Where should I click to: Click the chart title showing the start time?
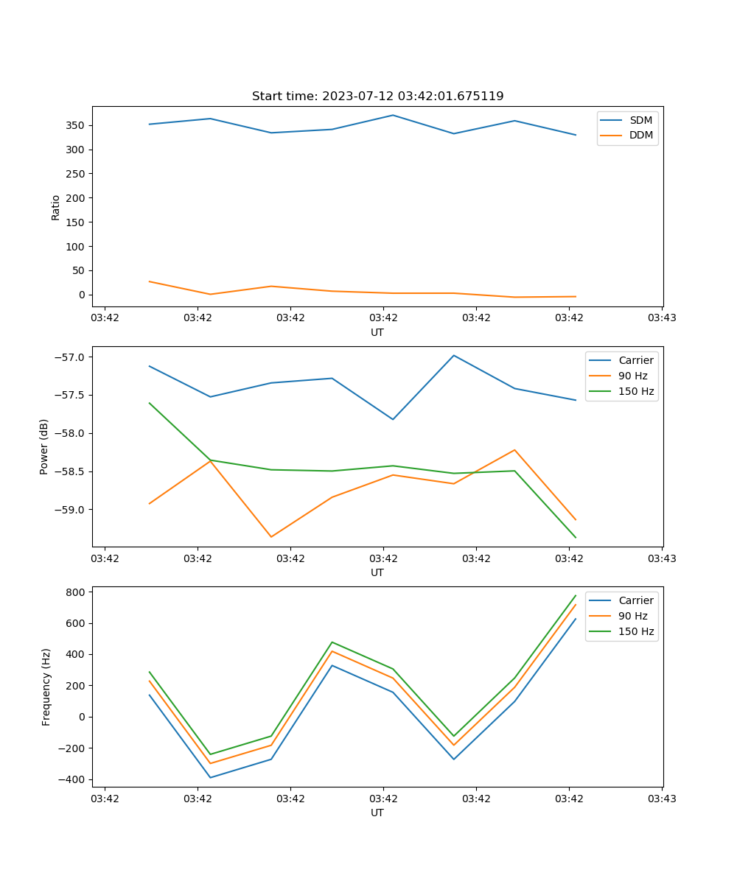[x=377, y=97]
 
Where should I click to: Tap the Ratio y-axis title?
[x=56, y=207]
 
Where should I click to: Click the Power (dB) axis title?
[x=44, y=446]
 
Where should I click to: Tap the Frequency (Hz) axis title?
[x=46, y=687]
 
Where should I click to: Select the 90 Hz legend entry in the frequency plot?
[x=633, y=616]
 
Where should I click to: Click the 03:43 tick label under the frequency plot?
[x=662, y=799]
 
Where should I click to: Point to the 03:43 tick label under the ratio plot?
[x=662, y=318]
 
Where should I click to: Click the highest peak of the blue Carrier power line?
[x=454, y=355]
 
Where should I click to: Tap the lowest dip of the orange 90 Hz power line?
[x=271, y=537]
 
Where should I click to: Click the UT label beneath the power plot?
[x=377, y=572]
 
